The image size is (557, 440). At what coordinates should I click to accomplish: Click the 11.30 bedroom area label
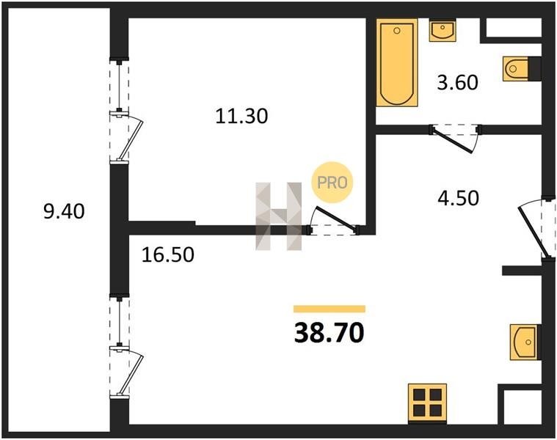click(241, 116)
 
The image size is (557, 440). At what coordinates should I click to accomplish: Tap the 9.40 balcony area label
click(64, 211)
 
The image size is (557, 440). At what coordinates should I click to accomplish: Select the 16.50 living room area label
click(167, 254)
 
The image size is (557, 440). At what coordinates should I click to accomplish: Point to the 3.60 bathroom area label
click(457, 83)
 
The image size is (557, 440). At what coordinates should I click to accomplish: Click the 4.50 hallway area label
click(458, 198)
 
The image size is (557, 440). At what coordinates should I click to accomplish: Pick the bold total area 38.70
click(330, 333)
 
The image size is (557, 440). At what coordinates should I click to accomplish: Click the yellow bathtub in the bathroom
click(397, 62)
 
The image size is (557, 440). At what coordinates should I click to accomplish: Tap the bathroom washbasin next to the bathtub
click(443, 31)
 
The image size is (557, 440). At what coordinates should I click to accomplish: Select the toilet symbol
click(516, 68)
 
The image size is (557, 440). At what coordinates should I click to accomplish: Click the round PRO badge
click(332, 183)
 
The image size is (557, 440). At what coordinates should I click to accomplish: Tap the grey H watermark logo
click(279, 216)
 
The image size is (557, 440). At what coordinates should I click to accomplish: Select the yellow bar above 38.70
click(330, 309)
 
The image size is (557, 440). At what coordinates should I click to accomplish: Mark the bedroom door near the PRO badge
click(332, 221)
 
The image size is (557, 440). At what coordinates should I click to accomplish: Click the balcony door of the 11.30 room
click(126, 137)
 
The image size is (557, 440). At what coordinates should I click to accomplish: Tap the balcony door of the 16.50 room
click(126, 373)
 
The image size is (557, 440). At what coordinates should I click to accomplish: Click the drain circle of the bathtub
click(397, 31)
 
